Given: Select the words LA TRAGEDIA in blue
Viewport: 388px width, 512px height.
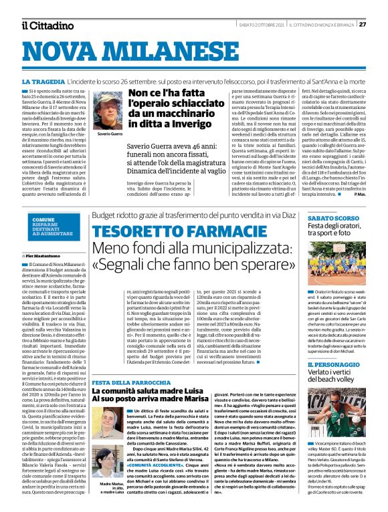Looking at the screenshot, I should [x=43, y=80].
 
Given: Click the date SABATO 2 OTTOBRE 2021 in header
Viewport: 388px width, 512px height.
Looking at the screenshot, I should [x=261, y=25].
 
